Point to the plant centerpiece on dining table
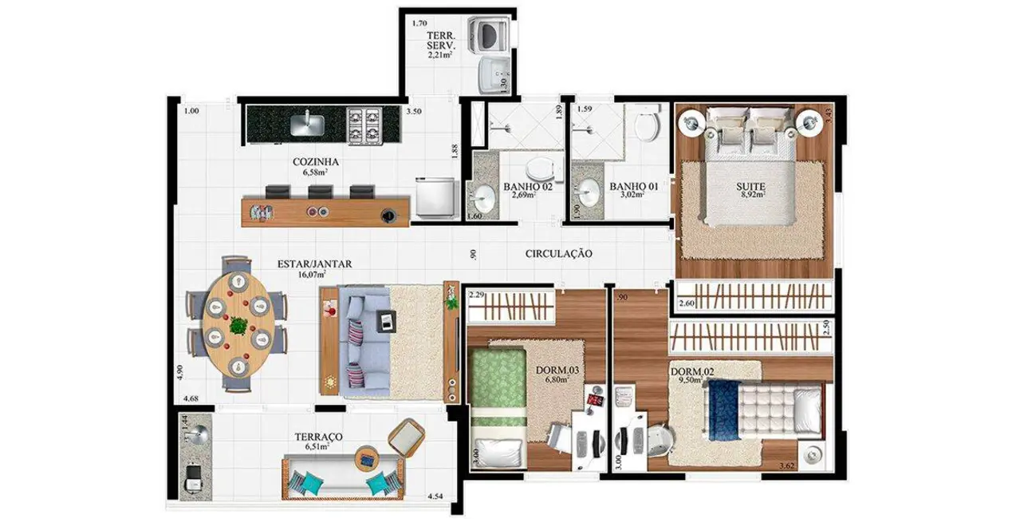(x=238, y=324)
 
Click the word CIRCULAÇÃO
(x=558, y=253)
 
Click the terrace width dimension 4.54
(x=436, y=496)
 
